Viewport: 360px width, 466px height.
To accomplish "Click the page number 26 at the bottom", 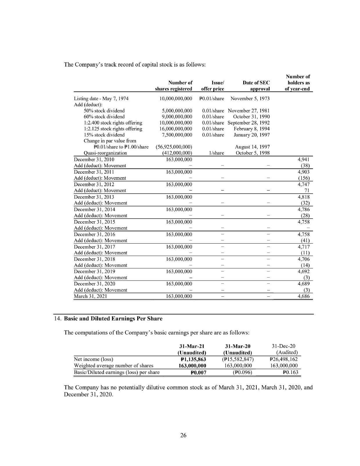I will click(183, 435).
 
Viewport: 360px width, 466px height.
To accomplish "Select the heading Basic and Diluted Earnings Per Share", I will click(113, 319).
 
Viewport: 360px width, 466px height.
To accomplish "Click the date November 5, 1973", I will click(250, 98).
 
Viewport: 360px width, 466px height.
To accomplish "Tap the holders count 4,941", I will click(304, 159).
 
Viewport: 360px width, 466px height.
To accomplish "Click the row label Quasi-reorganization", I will click(105, 153).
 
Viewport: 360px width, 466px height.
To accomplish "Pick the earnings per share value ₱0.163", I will click(291, 372).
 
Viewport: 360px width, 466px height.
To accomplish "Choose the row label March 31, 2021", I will click(90, 296).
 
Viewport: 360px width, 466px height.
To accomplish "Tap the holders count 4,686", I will click(304, 296).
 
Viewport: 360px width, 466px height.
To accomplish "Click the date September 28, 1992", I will click(249, 123).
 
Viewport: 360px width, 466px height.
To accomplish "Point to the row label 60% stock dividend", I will click(104, 117).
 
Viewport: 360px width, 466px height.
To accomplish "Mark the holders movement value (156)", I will click(305, 178).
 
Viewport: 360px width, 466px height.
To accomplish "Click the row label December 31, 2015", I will click(94, 222).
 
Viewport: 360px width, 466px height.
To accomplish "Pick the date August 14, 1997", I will click(252, 147).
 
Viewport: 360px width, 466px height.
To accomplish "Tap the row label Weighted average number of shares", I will click(114, 366).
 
